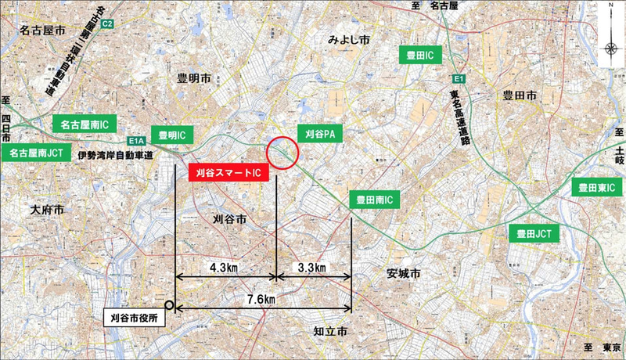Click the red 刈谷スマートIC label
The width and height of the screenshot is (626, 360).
point(228,174)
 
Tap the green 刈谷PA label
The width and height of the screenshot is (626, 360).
point(321,134)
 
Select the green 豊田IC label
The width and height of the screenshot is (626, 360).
point(420,56)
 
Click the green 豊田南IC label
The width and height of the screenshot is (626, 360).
point(373,200)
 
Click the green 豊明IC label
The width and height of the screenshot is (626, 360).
point(171,135)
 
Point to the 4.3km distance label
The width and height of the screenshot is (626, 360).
point(225,268)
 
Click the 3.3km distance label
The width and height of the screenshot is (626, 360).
point(312,268)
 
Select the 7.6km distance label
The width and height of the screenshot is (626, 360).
point(261,300)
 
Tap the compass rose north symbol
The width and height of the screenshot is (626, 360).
point(610,47)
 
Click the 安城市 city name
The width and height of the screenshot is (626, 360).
point(403,275)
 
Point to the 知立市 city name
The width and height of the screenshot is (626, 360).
point(329,332)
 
